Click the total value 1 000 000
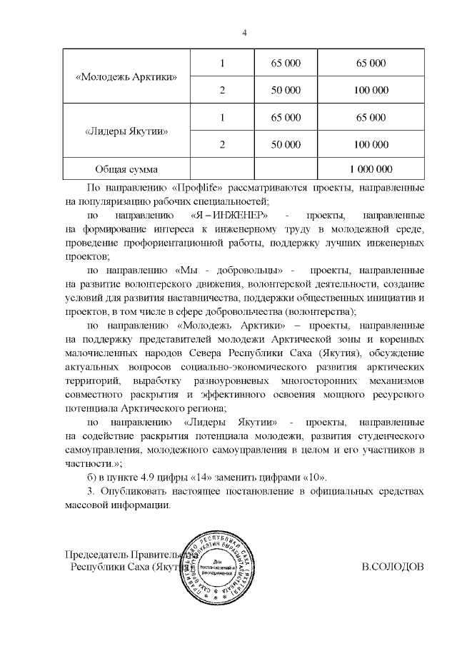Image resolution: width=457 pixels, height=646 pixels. point(371,170)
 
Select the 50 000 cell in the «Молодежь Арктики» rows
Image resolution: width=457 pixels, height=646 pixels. point(286,91)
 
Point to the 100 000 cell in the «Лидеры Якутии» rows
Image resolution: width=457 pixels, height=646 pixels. point(371,145)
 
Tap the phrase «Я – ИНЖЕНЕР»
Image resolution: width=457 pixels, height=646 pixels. point(229,215)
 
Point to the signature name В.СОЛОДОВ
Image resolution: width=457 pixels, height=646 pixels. point(393,567)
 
